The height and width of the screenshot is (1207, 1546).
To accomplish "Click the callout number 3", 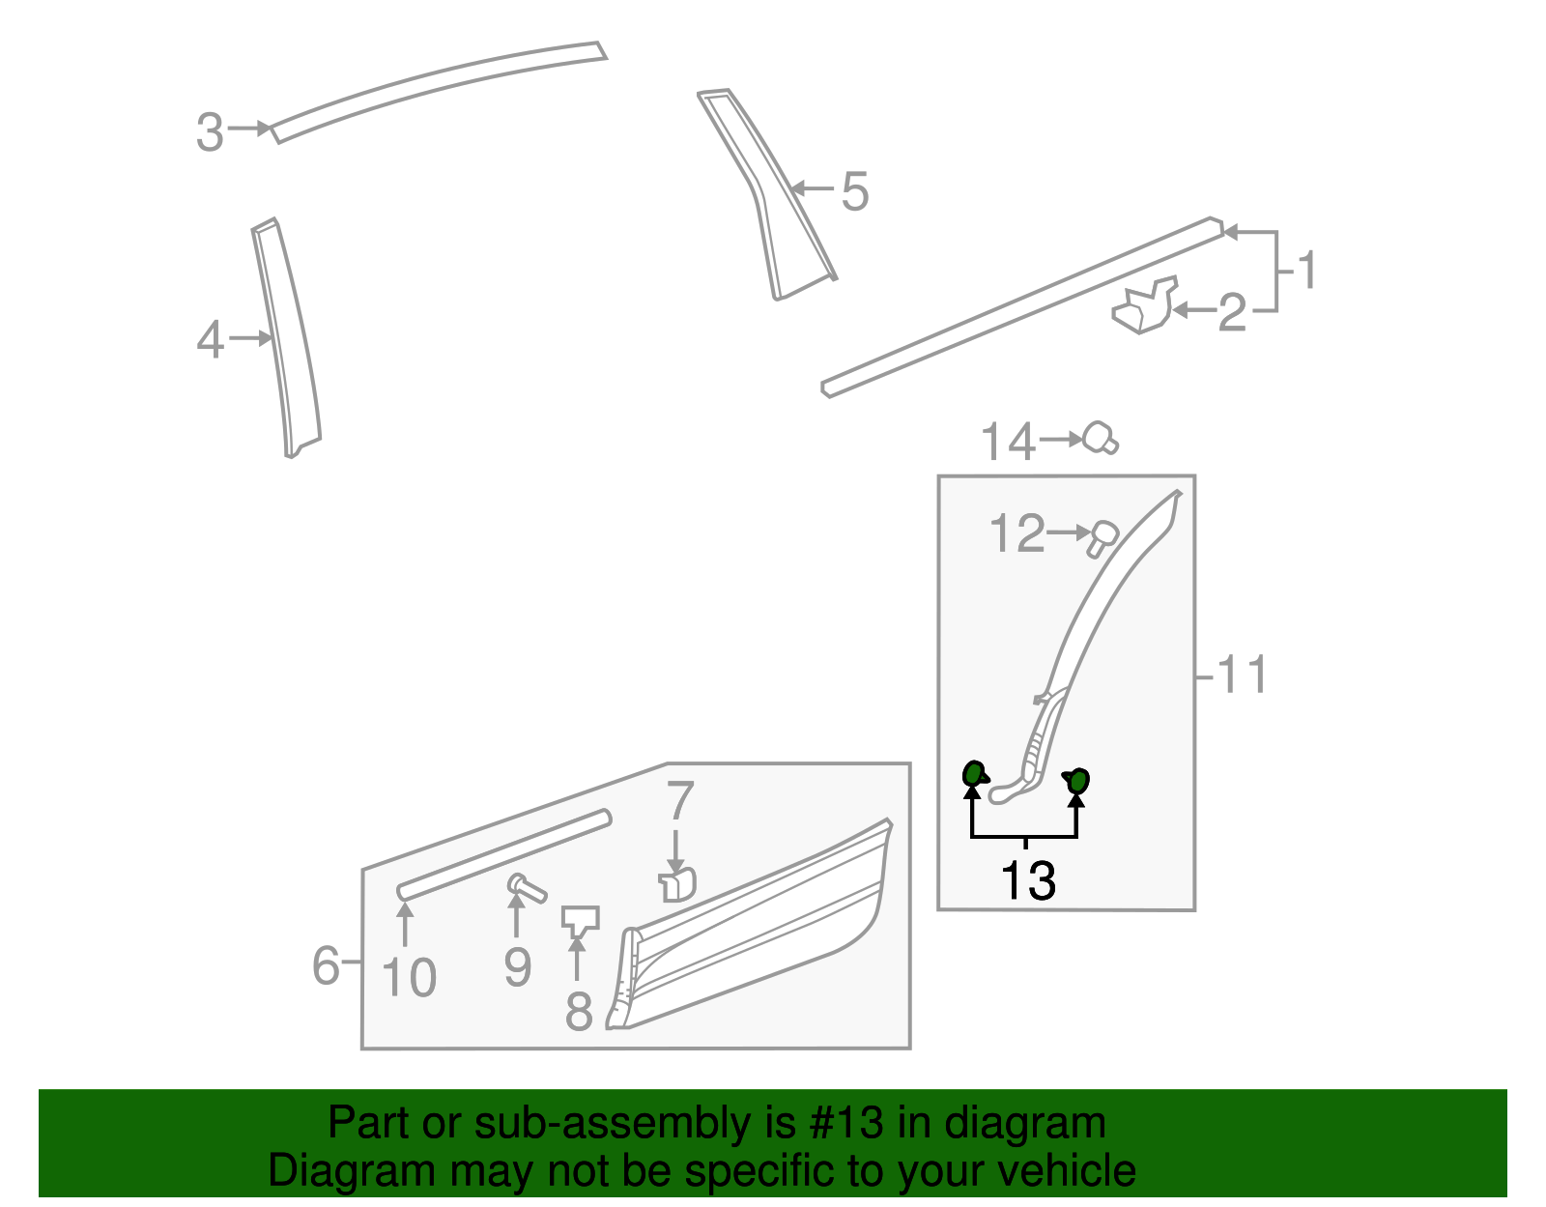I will pos(210,132).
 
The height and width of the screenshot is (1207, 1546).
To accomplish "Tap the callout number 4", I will pos(210,340).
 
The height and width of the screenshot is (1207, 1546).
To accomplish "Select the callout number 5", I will pos(854,191).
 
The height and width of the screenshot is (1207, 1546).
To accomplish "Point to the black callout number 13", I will pos(1028,880).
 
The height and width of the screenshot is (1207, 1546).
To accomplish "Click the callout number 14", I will pos(1008,443).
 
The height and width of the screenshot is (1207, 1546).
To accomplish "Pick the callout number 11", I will pos(1242,675).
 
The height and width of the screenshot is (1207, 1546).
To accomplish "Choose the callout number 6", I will pos(326,964).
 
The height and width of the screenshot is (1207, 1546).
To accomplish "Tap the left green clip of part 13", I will pos(974,774).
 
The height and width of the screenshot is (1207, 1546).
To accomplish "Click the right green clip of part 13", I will pos(1077,780).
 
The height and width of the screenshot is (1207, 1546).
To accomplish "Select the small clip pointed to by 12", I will pos(1102,538).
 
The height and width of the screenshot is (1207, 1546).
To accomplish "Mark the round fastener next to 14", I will pos(1099,438).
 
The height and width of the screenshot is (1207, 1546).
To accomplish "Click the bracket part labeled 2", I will pos(1145,306).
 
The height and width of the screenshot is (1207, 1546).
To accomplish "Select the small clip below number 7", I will pos(678,883).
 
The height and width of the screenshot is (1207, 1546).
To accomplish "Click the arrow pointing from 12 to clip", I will pos(1070,532).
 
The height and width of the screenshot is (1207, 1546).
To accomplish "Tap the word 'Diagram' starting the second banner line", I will pos(325,1170).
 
